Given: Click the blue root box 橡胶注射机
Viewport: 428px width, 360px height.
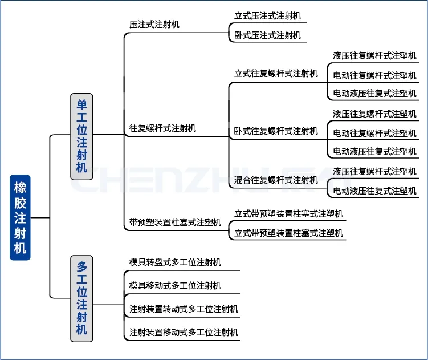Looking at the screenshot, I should (x=20, y=217).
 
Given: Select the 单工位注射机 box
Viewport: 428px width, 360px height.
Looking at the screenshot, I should (x=82, y=136).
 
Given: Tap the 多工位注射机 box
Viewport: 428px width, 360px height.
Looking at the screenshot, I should (x=82, y=298).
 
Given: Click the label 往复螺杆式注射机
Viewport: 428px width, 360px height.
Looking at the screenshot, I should (x=163, y=128).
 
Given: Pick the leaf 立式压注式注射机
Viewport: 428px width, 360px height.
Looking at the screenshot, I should (x=267, y=16).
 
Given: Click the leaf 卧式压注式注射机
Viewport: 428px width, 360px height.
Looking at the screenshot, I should (x=267, y=35).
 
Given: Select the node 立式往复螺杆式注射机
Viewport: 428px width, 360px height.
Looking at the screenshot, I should (x=276, y=74).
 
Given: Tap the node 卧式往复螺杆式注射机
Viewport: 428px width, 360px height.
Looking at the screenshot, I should (x=276, y=131).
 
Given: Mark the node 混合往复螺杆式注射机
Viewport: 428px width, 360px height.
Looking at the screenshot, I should (x=276, y=180).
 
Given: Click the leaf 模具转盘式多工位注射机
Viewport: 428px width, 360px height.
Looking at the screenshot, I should (x=175, y=262).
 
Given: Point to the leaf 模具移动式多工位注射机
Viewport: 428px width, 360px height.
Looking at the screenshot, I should (x=175, y=285).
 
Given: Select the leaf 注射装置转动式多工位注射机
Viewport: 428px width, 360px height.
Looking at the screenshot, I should (x=184, y=309).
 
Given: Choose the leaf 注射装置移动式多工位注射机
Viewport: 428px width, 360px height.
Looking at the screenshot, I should (x=184, y=332).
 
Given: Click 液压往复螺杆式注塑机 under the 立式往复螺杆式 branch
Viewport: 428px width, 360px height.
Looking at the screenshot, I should (x=374, y=56).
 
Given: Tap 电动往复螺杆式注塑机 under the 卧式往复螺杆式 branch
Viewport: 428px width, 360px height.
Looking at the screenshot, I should (x=374, y=133).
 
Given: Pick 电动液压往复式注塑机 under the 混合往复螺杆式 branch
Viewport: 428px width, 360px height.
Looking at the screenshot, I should (x=374, y=191).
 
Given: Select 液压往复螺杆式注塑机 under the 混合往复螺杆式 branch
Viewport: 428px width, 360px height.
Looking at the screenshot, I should (x=374, y=171).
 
